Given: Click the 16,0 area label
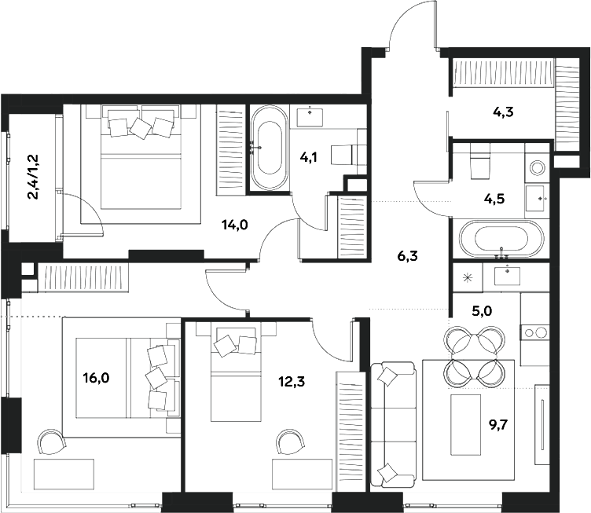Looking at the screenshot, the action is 96,378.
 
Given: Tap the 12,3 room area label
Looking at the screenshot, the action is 292,382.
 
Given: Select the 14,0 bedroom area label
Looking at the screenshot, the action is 234,225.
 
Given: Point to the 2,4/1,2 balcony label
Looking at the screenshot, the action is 37,177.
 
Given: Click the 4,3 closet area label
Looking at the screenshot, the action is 503,112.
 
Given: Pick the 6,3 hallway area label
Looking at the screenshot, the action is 407,257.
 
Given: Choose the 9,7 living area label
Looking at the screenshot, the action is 498,426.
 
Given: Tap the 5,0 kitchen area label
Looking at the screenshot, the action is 482,311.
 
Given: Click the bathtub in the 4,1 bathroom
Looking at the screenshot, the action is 269,148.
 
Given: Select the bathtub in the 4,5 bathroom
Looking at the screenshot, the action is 501,239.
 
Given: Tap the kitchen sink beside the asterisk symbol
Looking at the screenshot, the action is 507,276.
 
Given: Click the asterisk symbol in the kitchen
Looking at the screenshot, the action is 468,278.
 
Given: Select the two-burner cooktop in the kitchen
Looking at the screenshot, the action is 536,332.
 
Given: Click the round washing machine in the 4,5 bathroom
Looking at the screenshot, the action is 537,167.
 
